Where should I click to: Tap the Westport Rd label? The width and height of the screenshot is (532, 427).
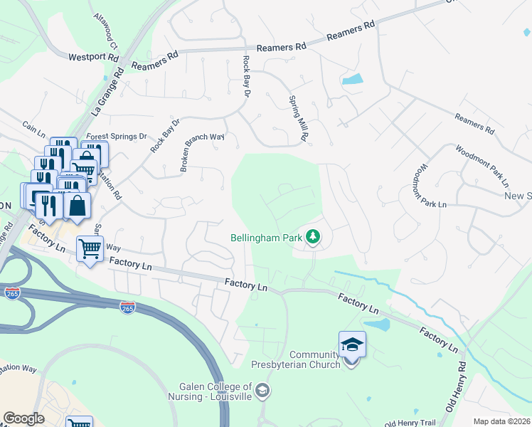click(x=93, y=56)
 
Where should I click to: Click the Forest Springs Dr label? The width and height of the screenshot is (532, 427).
click(x=116, y=135)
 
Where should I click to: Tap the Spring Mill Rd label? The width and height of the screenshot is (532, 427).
click(x=299, y=117)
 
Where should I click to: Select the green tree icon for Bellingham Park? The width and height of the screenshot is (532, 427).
click(x=312, y=236)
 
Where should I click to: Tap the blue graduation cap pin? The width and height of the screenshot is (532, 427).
click(x=352, y=345)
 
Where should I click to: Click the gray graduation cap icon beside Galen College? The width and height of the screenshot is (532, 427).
click(x=262, y=390)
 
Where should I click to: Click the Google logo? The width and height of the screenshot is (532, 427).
click(x=23, y=418)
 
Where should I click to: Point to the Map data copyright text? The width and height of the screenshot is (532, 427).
click(x=501, y=421)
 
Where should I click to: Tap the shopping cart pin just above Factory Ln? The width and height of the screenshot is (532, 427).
click(x=90, y=250)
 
